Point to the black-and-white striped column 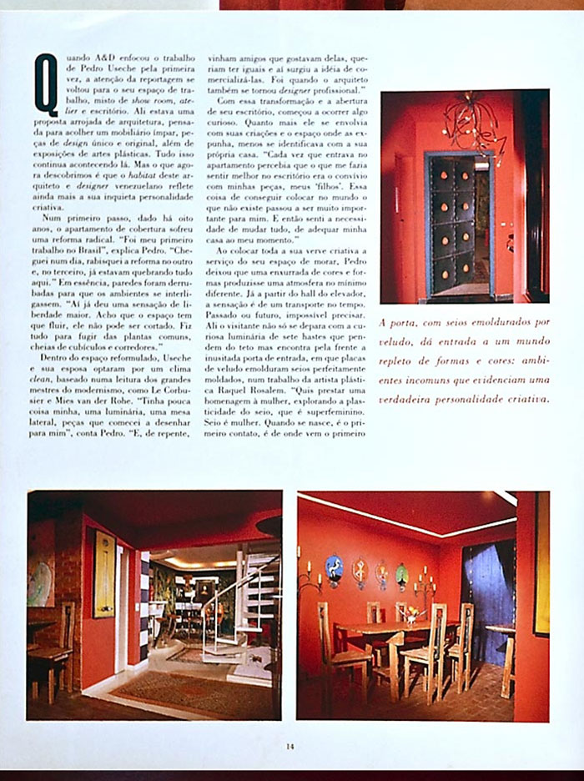(x=143, y=601)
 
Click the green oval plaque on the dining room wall (x=402, y=576)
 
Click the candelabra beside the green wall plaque (x=425, y=584)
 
